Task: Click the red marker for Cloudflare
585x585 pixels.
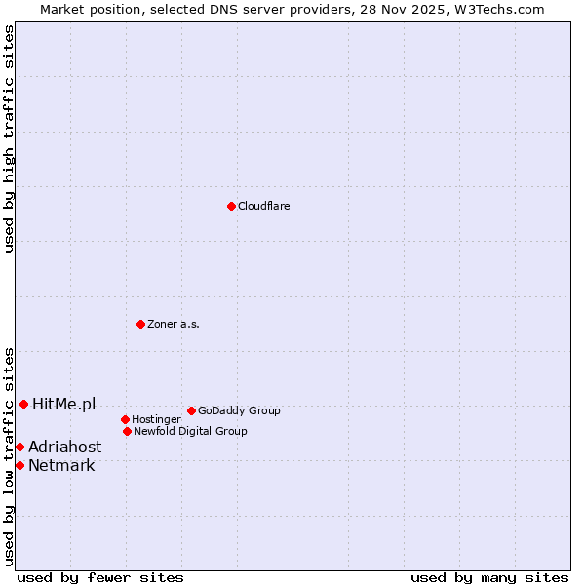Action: (x=231, y=206)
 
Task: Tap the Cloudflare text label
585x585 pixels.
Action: (x=264, y=206)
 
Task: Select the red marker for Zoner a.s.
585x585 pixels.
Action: (x=140, y=324)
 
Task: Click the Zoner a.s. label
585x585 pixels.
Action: (x=174, y=324)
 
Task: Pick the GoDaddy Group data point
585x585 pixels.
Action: (x=191, y=410)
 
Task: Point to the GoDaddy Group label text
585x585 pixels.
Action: (x=239, y=410)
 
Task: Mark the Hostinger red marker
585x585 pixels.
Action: (x=125, y=419)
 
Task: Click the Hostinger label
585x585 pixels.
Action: (x=156, y=419)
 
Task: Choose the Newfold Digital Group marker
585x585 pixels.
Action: (x=127, y=431)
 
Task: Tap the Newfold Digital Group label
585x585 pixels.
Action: (x=190, y=431)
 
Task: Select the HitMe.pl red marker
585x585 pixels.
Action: (x=23, y=404)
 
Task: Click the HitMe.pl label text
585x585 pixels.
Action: (x=64, y=404)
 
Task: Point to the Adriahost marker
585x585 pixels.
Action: (x=19, y=447)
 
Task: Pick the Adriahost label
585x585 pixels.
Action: (x=64, y=447)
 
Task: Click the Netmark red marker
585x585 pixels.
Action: (x=19, y=465)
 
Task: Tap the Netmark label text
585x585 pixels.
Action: (x=61, y=465)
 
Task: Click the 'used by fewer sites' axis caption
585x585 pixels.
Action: (x=100, y=577)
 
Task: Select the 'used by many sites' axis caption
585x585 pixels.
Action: (x=489, y=577)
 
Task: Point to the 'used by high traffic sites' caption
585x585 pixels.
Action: (x=9, y=138)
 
